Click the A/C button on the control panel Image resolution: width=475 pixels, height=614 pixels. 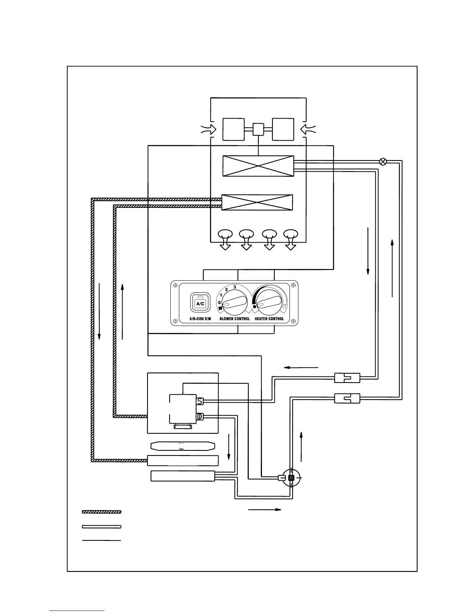click(200, 304)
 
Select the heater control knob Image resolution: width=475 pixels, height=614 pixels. click(269, 303)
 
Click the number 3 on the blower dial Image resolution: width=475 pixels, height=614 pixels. click(234, 287)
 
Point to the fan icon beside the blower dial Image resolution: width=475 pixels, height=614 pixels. click(220, 309)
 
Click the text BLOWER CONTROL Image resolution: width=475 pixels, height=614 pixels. click(234, 319)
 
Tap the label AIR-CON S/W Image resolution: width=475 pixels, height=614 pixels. click(199, 319)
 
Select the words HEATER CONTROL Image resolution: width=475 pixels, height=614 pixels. click(269, 319)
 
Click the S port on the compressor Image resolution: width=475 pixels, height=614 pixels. click(200, 401)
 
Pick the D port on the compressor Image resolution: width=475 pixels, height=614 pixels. click(200, 417)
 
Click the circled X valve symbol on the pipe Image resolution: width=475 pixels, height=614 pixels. click(383, 162)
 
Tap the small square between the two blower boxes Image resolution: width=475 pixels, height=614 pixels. click(258, 129)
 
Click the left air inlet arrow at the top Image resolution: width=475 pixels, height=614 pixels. click(208, 130)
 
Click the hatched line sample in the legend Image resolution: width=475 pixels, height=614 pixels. click(102, 512)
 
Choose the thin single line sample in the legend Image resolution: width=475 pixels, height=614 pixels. click(102, 540)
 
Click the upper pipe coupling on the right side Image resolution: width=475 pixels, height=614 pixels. click(347, 378)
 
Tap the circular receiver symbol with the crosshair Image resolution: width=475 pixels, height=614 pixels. click(291, 478)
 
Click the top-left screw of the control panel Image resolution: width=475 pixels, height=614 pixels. click(175, 285)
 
